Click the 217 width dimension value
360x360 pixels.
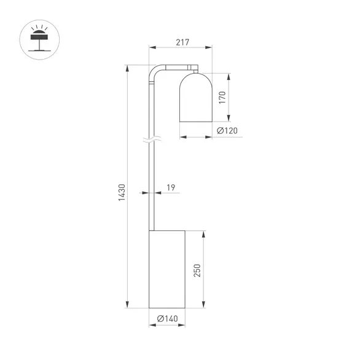[x=181, y=42]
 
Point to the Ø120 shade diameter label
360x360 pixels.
[x=227, y=130]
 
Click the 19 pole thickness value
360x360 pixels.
[x=170, y=188]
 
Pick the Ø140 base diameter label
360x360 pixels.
[x=167, y=318]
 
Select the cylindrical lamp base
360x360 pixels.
[x=167, y=268]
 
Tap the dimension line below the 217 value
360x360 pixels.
[x=181, y=49]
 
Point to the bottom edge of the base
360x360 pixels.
[x=167, y=307]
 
